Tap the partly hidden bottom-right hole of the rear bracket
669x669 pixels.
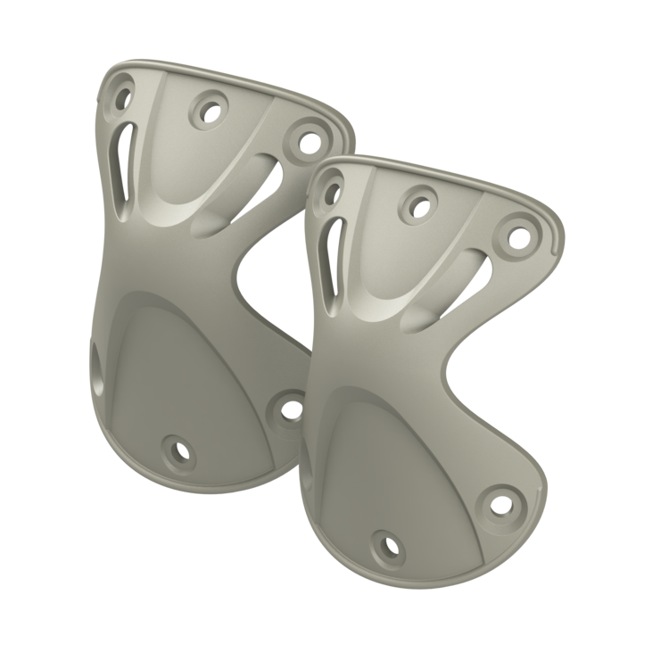pyautogui.click(x=291, y=407)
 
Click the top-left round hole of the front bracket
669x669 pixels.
pyautogui.click(x=334, y=187)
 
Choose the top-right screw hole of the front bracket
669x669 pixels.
pyautogui.click(x=516, y=235)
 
